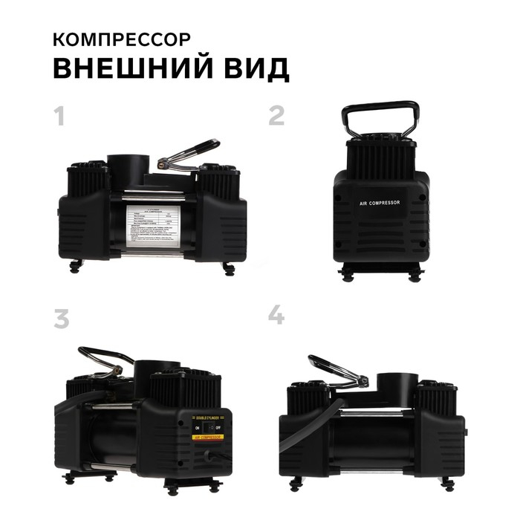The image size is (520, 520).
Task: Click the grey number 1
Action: [60, 117]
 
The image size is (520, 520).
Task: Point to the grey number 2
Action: [276, 115]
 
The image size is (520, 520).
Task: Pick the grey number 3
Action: [61, 318]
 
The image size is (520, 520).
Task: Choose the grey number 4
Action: [276, 316]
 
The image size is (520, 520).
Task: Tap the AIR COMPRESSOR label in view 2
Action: [380, 202]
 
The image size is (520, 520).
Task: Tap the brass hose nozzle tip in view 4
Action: [363, 383]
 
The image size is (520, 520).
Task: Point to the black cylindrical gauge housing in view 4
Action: [394, 391]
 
